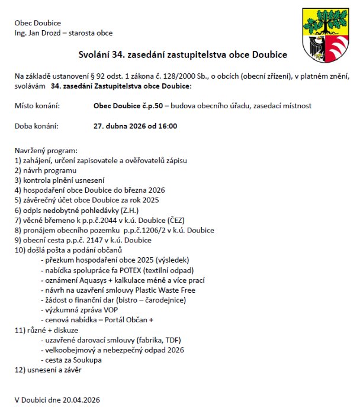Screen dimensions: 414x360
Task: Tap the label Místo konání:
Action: click(x=37, y=106)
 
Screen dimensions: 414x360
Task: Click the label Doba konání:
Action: click(x=37, y=126)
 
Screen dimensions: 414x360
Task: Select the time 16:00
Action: click(x=168, y=126)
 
